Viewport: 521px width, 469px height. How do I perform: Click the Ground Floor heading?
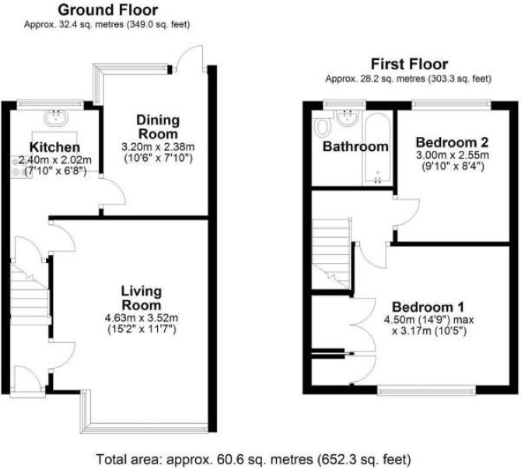click(107, 10)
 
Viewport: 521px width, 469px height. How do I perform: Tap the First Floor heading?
click(409, 64)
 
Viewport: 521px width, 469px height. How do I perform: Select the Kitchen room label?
click(55, 147)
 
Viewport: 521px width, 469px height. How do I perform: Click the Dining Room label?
click(158, 127)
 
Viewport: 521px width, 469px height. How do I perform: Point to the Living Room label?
click(142, 298)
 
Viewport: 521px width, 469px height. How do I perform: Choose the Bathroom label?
click(355, 146)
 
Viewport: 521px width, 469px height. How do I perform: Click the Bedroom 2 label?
click(453, 142)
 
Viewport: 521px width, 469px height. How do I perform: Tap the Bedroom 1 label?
click(428, 306)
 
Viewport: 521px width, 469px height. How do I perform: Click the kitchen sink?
click(56, 117)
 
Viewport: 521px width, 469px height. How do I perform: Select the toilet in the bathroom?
click(322, 125)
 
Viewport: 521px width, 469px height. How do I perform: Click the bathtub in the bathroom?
click(377, 148)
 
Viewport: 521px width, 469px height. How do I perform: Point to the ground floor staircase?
click(30, 293)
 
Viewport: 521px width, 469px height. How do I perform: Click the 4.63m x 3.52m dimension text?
click(142, 318)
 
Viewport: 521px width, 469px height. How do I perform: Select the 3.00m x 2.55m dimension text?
click(453, 155)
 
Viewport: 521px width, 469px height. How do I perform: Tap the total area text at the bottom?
click(254, 460)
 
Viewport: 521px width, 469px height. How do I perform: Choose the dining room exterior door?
click(190, 58)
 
